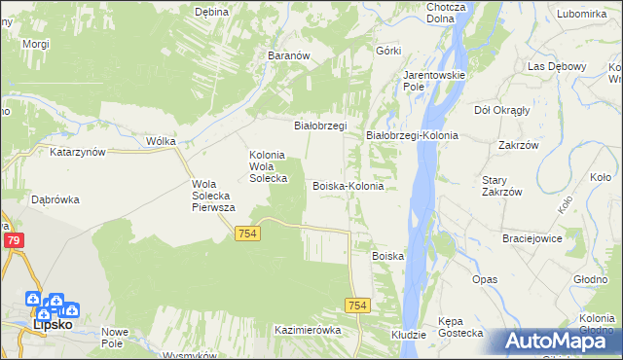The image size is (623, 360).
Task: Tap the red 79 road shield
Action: [x=13, y=240]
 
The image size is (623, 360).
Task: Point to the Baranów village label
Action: [x=288, y=56]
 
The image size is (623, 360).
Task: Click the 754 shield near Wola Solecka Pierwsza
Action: [x=246, y=234]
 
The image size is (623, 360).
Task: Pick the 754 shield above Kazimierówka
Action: [x=357, y=306]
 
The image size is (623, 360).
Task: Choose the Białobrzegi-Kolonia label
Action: [x=412, y=135]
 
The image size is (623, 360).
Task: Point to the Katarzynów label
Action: [x=77, y=153]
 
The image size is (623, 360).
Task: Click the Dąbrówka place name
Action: [x=55, y=199]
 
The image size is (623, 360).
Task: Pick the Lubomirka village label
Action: [x=583, y=14]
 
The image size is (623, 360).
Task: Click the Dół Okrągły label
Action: [x=501, y=110]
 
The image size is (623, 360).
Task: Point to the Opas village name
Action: [x=485, y=279]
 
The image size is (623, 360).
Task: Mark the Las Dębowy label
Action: [x=558, y=66]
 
